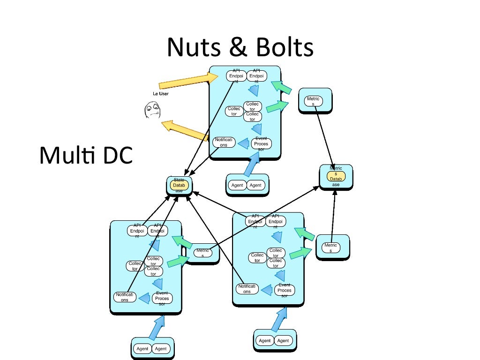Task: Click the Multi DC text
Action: (x=86, y=156)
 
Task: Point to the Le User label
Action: (x=160, y=94)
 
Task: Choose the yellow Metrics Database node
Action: (x=336, y=176)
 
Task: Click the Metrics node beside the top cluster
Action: (x=313, y=101)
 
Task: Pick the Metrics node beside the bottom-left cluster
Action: (x=202, y=253)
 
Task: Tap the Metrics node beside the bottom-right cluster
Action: (x=330, y=247)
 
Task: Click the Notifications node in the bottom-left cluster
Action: (x=125, y=297)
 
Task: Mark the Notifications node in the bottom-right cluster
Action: (x=247, y=289)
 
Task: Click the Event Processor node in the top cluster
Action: (x=261, y=144)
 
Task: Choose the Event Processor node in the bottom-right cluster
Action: (x=285, y=290)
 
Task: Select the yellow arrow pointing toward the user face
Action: (x=185, y=131)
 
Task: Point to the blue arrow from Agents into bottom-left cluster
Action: (x=157, y=327)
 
